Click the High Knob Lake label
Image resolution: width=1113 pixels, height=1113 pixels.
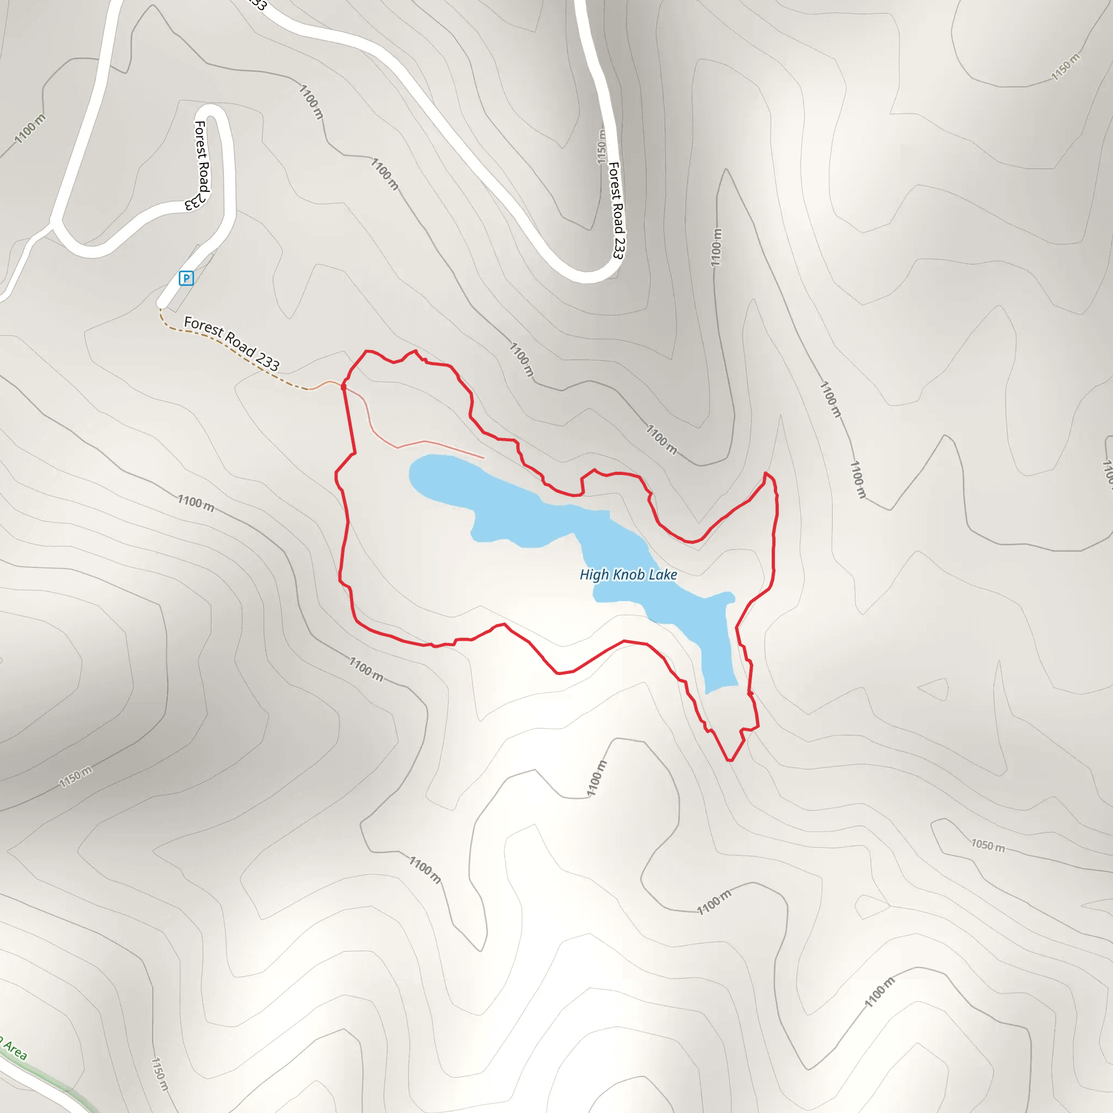pyautogui.click(x=628, y=574)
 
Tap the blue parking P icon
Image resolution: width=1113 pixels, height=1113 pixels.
pyautogui.click(x=186, y=278)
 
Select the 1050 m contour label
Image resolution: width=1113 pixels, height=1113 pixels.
pyautogui.click(x=987, y=845)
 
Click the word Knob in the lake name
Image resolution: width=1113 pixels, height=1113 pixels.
pyautogui.click(x=629, y=574)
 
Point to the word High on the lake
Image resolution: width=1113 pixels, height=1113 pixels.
pyautogui.click(x=594, y=574)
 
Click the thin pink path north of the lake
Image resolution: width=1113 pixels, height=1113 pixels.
pyautogui.click(x=426, y=441)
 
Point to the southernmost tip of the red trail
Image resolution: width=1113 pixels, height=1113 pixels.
pyautogui.click(x=730, y=760)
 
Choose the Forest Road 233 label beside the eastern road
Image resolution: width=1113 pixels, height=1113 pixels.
pyautogui.click(x=616, y=210)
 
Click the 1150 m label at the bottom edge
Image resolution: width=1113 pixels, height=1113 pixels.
pyautogui.click(x=160, y=1074)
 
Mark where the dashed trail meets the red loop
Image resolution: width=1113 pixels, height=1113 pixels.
pyautogui.click(x=344, y=386)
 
